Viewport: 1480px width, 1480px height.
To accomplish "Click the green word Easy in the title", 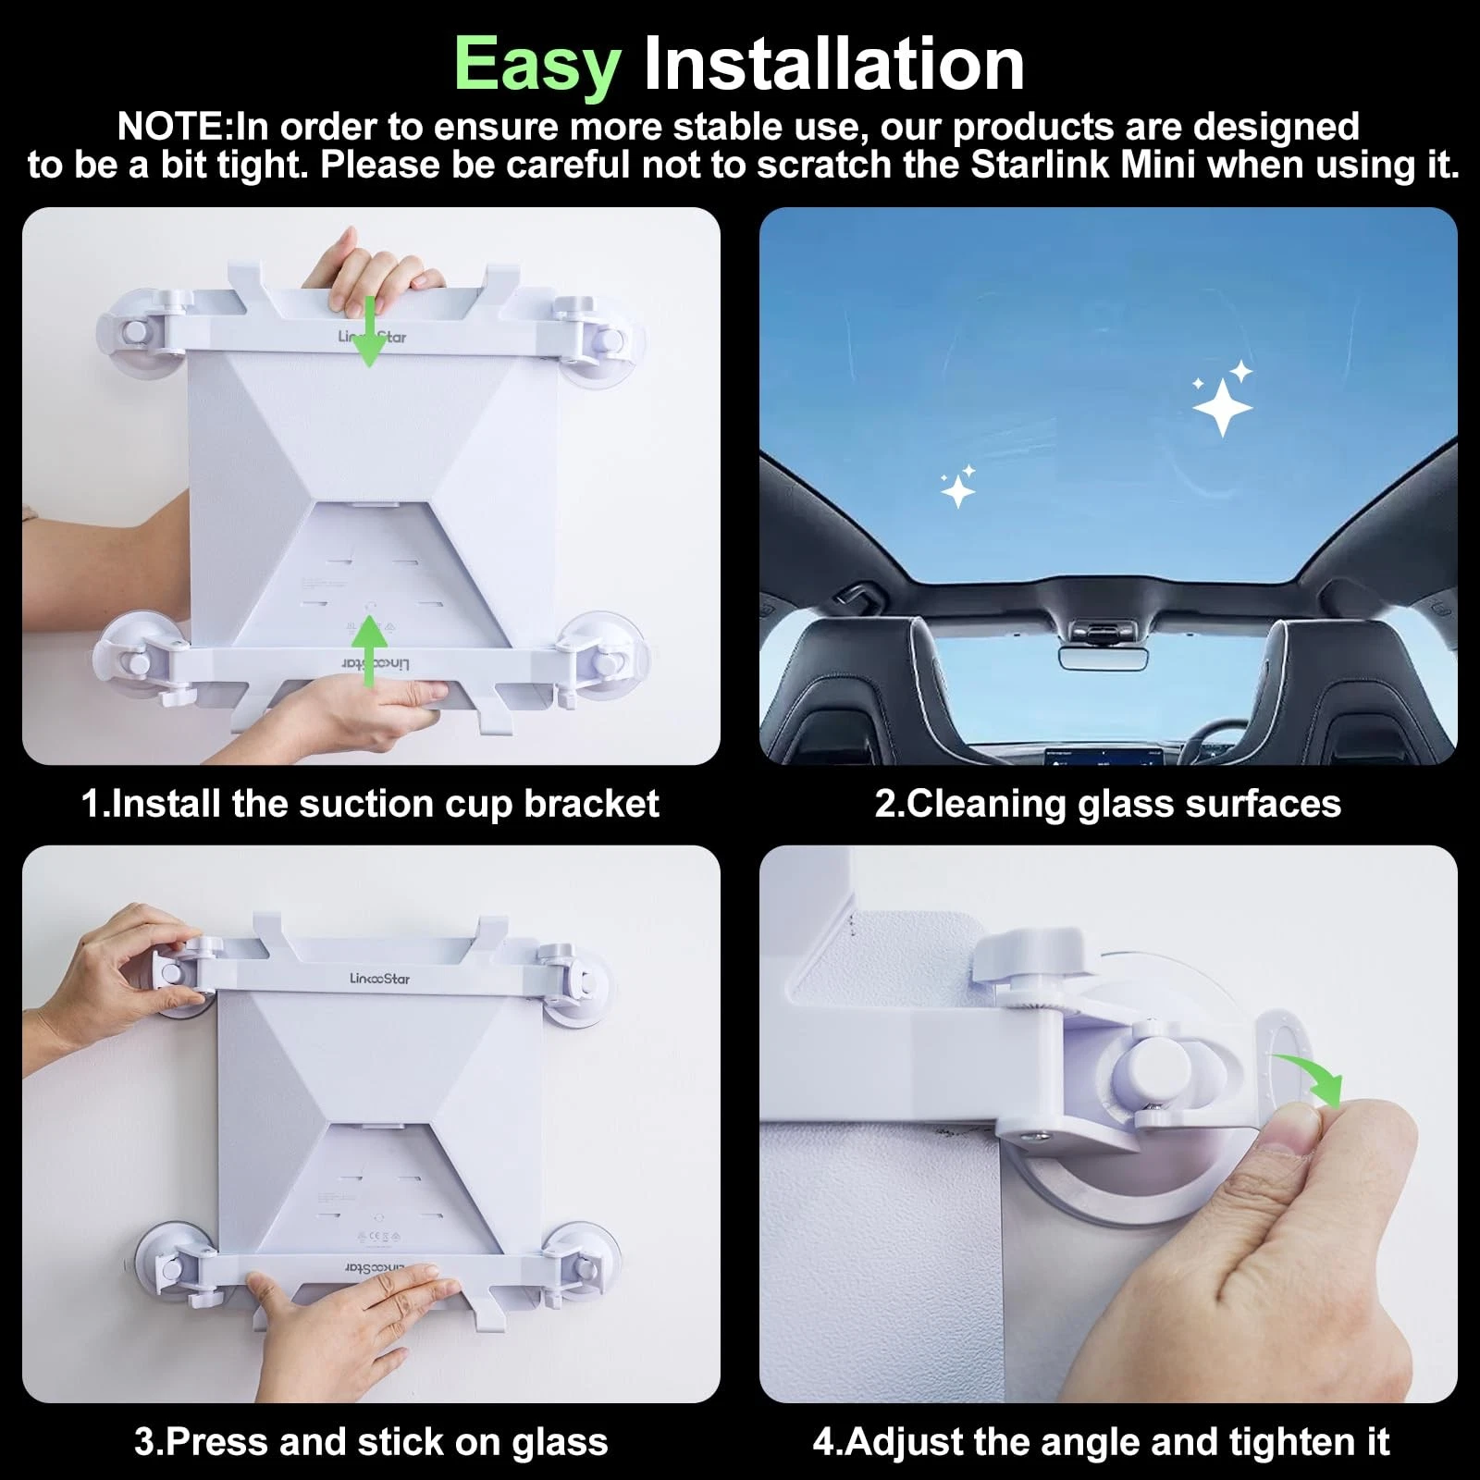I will [536, 65].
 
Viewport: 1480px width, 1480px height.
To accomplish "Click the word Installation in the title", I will [833, 65].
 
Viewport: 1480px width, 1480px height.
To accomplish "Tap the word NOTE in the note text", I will [171, 127].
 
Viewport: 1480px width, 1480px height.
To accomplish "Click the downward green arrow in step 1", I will [370, 333].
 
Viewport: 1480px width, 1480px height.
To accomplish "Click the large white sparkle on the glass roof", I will [1222, 405].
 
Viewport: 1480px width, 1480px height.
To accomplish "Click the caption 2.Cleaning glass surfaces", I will [1107, 804].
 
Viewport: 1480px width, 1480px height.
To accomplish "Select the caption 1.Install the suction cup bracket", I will [370, 804].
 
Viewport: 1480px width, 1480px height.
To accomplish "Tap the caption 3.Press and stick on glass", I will [370, 1442].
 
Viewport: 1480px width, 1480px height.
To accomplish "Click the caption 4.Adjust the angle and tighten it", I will [1101, 1442].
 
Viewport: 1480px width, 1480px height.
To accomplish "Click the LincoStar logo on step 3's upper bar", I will [379, 978].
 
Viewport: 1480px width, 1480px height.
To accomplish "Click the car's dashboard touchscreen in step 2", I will [1101, 757].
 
